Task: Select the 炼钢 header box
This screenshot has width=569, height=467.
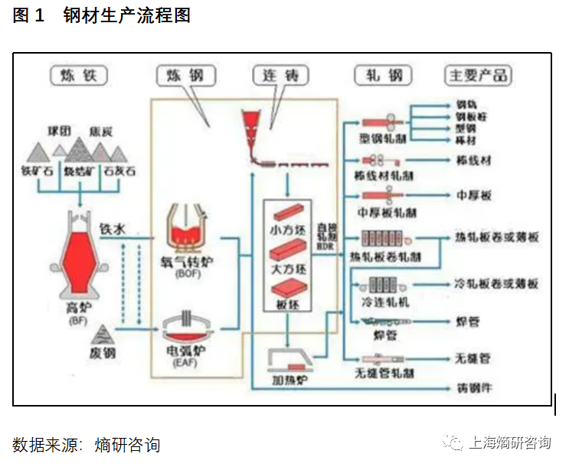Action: coord(186,75)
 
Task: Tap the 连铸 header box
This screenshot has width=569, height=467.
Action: coord(280,75)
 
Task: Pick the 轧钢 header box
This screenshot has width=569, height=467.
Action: coord(384,75)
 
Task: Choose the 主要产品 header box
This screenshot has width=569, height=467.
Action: coord(479,75)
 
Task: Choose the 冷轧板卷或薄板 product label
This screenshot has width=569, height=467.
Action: coord(496,283)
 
